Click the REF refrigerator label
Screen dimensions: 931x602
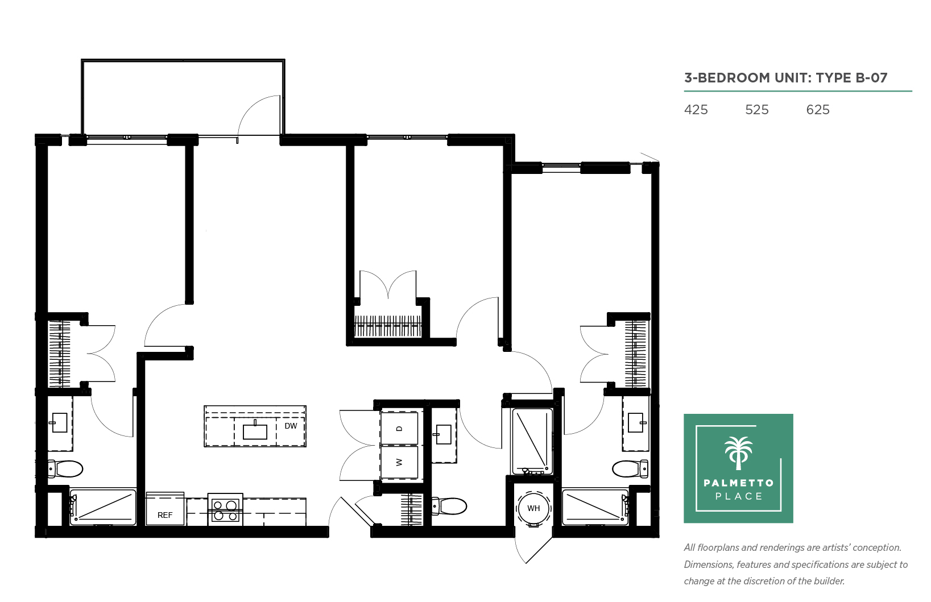[x=164, y=515]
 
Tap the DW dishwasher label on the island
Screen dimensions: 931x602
[x=291, y=426]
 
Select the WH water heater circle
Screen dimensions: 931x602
[x=533, y=509]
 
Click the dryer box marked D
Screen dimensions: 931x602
[x=399, y=429]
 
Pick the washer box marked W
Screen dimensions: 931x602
[x=399, y=462]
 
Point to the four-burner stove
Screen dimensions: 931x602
[x=225, y=509]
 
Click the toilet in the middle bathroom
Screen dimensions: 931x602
[x=449, y=506]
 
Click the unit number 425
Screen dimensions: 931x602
[x=696, y=110]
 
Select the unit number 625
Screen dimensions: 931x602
[x=817, y=110]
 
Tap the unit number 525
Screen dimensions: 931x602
[x=757, y=110]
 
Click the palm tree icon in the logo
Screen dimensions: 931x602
[x=739, y=453]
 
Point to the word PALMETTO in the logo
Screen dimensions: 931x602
[x=739, y=483]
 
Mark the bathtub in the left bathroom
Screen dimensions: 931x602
[x=103, y=507]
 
